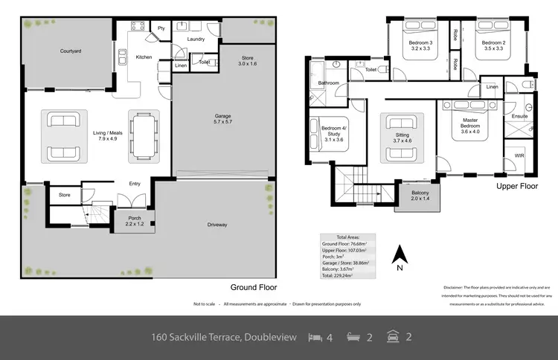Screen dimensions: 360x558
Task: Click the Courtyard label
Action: (71, 52)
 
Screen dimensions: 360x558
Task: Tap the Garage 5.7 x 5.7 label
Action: (222, 120)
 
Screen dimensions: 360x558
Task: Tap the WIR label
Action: (519, 157)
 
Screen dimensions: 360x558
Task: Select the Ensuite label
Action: (519, 116)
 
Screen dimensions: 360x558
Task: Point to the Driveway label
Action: (217, 225)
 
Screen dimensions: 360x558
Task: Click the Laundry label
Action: (196, 39)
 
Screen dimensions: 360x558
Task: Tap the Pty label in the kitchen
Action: (161, 28)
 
